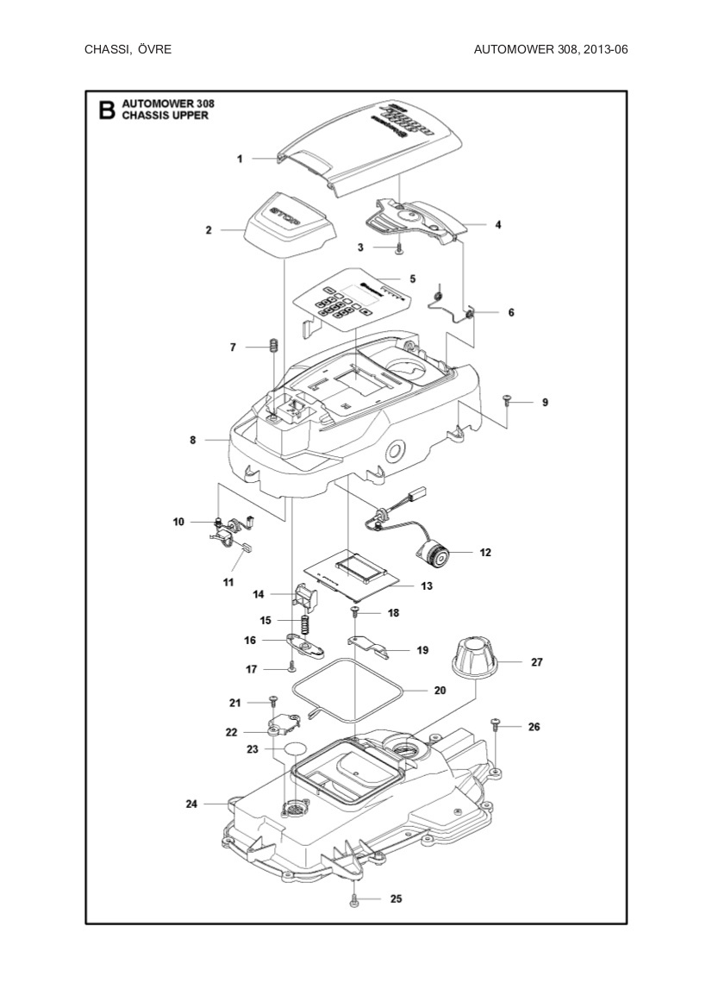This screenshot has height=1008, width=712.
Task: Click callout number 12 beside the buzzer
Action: tap(485, 552)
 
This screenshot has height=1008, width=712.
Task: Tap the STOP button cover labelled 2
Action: tap(284, 226)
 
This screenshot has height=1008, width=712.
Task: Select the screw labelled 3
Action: tap(400, 248)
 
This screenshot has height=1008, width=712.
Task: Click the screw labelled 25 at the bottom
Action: tap(354, 900)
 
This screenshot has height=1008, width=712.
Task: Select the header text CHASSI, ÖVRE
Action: tap(128, 49)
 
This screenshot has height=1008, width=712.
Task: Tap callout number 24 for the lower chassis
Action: tap(191, 805)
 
